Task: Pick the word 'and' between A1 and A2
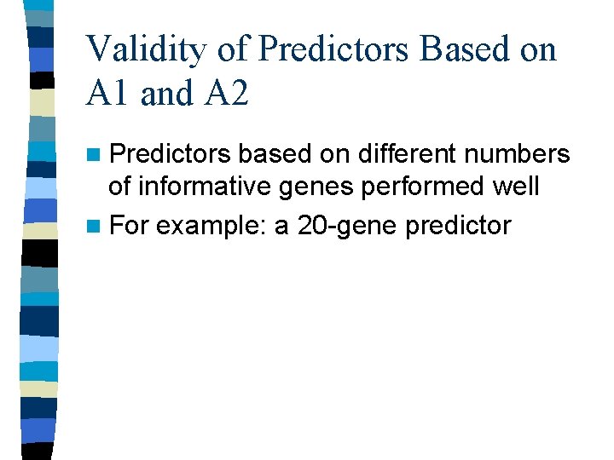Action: (x=166, y=94)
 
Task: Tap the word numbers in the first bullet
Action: (x=521, y=154)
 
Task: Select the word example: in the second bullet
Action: (x=211, y=226)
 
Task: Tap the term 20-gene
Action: (x=337, y=226)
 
